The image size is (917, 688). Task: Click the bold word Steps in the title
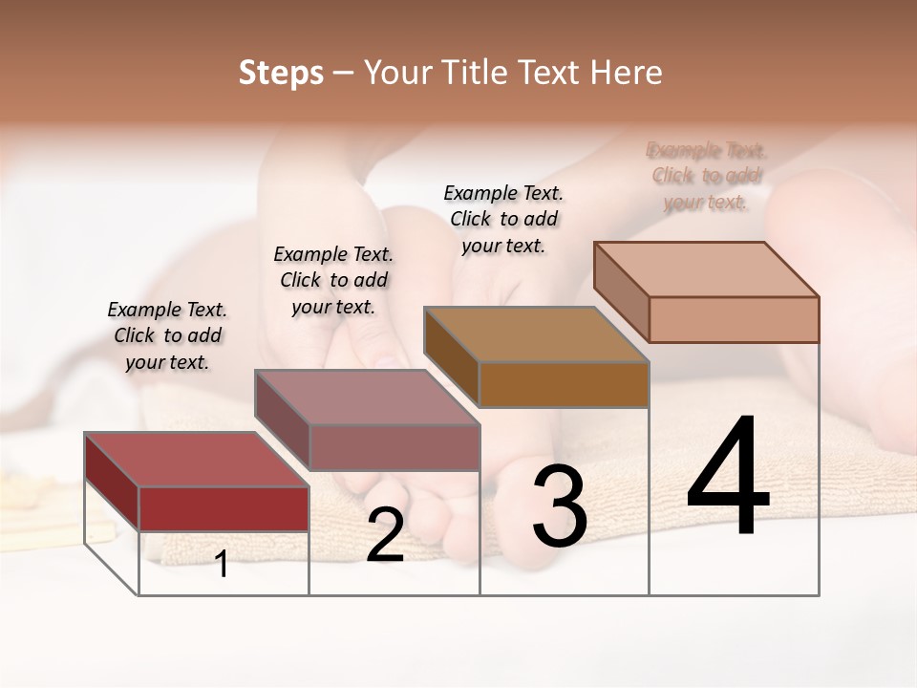coord(281,73)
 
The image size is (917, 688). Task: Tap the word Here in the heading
coord(626,73)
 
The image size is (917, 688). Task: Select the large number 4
coord(728,478)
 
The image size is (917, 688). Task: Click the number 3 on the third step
coord(560,506)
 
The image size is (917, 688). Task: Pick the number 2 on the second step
coord(385,536)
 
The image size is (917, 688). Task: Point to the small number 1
coord(222,565)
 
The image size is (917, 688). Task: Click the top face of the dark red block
coord(196,460)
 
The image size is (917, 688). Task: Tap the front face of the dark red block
coord(224,508)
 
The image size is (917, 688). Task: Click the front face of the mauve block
coord(394,447)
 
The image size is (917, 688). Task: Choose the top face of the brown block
coord(535,334)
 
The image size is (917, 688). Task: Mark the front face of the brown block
coord(564,384)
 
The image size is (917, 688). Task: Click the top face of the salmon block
coord(705,269)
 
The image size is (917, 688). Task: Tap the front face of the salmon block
coord(734,319)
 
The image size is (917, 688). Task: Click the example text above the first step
coord(167,335)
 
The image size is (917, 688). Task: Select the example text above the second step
coord(333,280)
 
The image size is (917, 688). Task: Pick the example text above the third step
coord(503,219)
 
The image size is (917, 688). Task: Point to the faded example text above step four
coord(707,176)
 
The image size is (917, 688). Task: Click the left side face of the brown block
coord(451,356)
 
